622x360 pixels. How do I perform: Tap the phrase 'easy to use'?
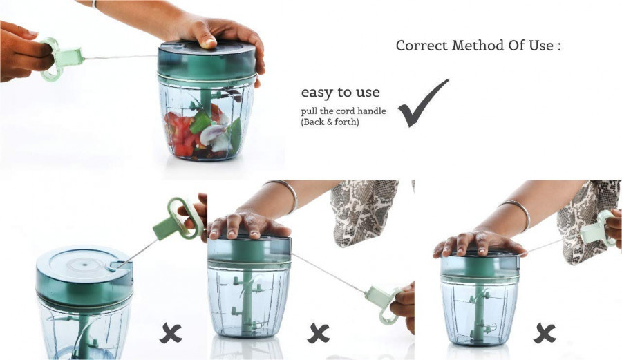pos(340,92)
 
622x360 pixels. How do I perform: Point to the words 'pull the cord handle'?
pos(343,111)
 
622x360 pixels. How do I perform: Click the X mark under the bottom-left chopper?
pos(171,334)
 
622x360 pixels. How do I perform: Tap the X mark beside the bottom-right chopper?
pos(544,334)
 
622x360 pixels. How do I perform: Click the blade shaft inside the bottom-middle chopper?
pos(248,296)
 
